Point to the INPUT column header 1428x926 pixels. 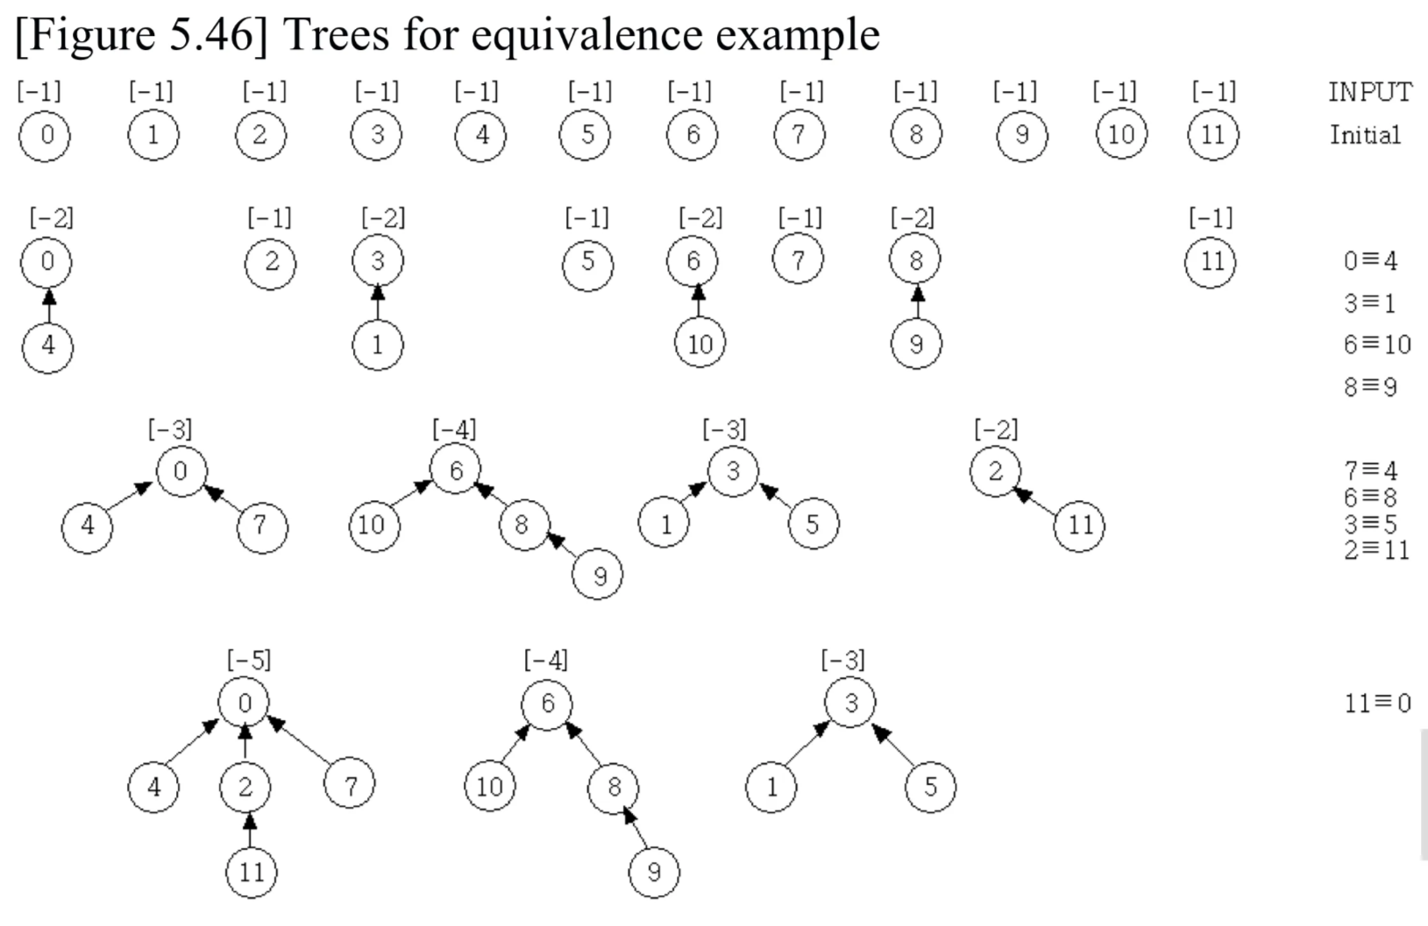1369,92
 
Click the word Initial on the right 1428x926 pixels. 1365,135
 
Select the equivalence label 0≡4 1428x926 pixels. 1370,260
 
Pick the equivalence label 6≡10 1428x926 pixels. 1377,344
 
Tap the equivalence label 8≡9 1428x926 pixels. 1370,386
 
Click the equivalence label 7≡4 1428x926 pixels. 1371,470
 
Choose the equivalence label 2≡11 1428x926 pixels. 1376,549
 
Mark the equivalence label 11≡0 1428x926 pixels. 1377,703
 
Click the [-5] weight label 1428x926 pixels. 249,660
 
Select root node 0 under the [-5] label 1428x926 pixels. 245,703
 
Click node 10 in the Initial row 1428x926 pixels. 1121,135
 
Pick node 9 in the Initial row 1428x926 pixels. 1021,136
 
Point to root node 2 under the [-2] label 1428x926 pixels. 995,471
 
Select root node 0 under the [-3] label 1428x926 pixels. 181,471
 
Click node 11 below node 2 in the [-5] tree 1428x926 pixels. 251,873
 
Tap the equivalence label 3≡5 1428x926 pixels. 1371,524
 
